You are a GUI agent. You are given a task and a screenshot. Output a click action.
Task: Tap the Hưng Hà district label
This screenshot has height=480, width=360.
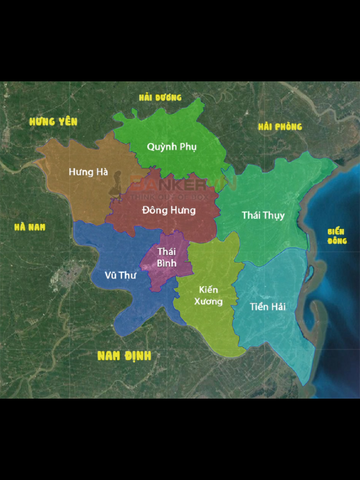(x=88, y=172)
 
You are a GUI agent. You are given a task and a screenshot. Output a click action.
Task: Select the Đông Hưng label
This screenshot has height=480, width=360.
(x=169, y=210)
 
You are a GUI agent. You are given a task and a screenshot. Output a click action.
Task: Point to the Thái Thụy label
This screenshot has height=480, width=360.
(x=263, y=215)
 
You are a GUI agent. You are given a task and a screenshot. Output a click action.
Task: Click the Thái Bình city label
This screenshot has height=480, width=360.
(x=167, y=257)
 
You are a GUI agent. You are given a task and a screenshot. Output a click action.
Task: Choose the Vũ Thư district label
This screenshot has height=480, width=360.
(x=120, y=275)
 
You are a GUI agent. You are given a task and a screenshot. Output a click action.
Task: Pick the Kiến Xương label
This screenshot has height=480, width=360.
(x=209, y=296)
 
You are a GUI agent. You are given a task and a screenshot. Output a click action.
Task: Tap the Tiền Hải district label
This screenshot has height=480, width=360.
(x=268, y=307)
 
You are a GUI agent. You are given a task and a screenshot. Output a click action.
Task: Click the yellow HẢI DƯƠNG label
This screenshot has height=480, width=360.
(x=160, y=98)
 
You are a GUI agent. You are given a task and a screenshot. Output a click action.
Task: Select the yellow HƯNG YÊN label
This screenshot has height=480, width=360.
(x=54, y=122)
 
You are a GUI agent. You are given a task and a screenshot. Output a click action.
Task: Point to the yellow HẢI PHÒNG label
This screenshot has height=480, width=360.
(x=280, y=127)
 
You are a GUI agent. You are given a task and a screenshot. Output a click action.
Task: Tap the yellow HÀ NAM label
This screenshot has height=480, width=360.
(x=30, y=227)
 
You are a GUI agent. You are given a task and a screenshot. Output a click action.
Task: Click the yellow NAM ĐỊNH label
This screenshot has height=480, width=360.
(x=124, y=356)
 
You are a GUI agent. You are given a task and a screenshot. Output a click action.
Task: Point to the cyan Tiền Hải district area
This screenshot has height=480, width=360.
(x=274, y=331)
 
